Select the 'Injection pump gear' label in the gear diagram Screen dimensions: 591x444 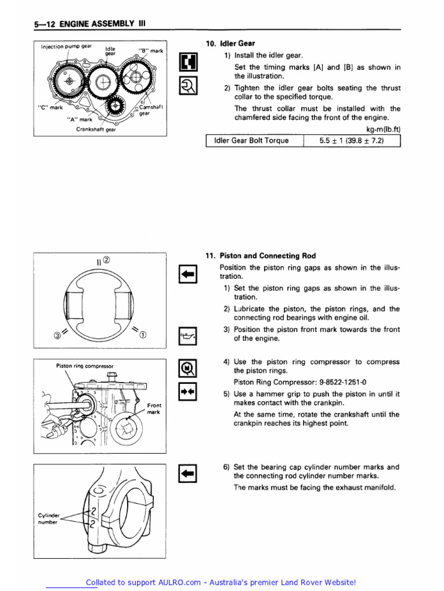(66, 46)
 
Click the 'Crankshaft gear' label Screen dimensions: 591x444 (96, 129)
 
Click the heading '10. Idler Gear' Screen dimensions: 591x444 (231, 44)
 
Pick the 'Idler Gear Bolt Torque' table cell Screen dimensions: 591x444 (251, 140)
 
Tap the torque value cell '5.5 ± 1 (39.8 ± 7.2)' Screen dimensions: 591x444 (351, 140)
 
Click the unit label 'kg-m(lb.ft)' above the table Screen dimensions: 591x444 (383, 129)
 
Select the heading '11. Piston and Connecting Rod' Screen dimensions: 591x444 (261, 256)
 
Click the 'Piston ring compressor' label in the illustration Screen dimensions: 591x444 (84, 366)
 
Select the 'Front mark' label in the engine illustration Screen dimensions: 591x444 (154, 409)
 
